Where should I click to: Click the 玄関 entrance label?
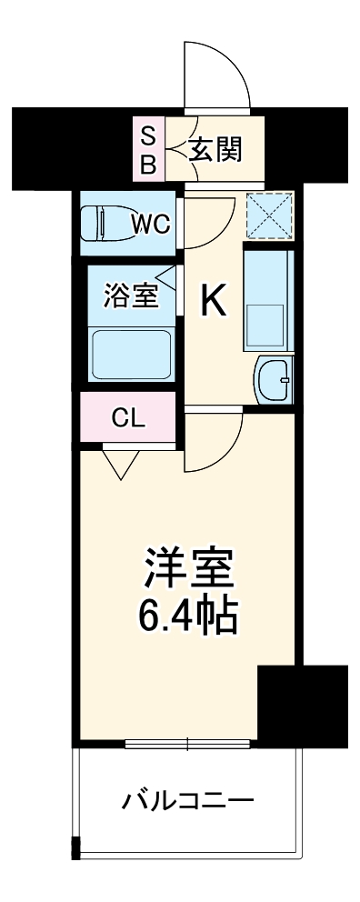(x=216, y=148)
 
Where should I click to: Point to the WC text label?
(x=151, y=224)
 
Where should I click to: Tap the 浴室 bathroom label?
(x=132, y=296)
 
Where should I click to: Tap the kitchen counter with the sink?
(x=267, y=300)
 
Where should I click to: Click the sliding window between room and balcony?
(x=187, y=744)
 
